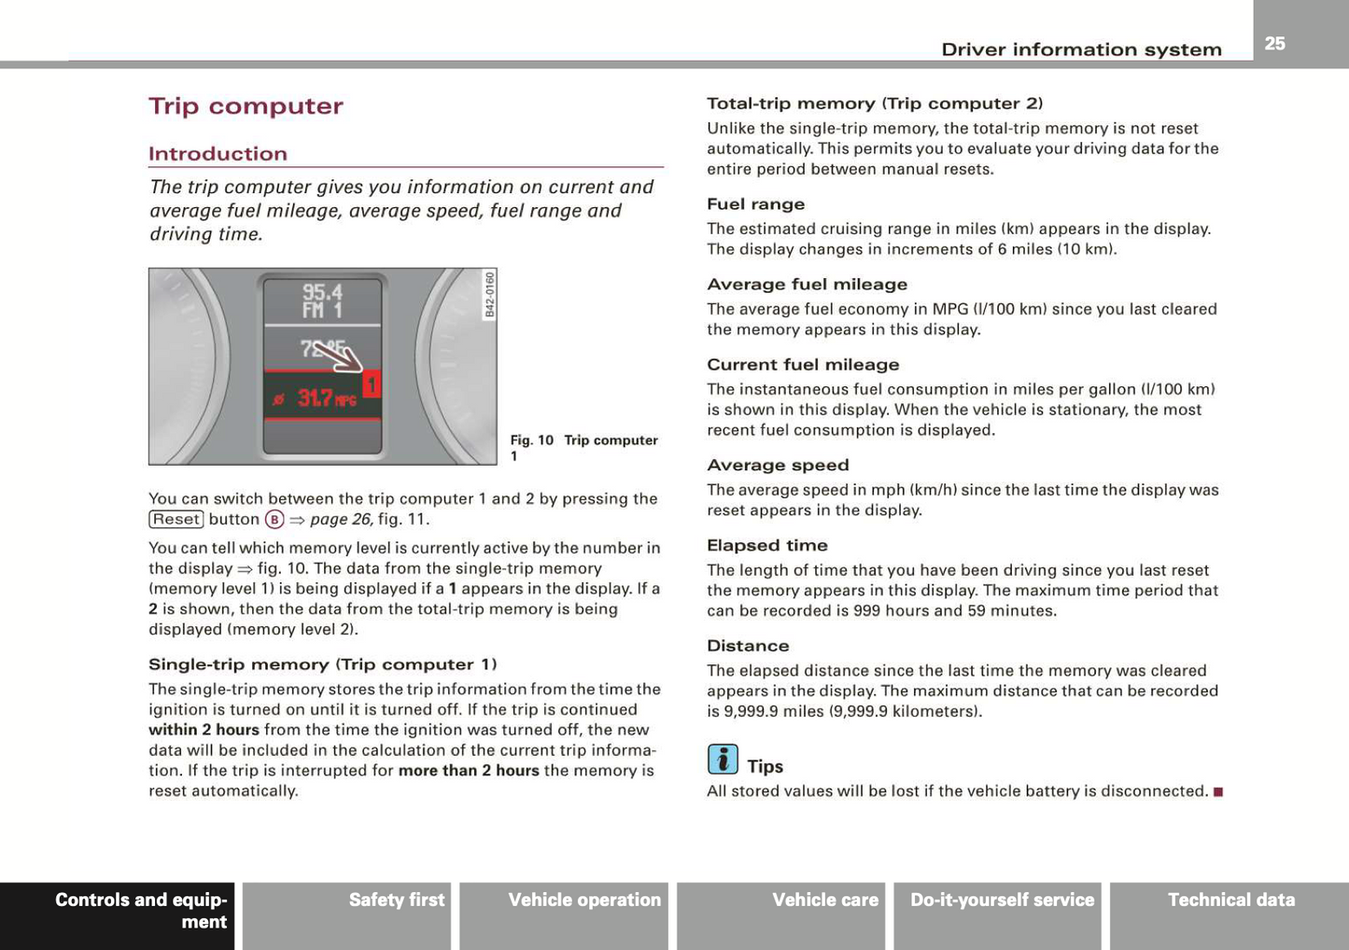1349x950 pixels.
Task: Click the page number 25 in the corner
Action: click(x=1274, y=43)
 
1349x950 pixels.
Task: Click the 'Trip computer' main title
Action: click(x=246, y=106)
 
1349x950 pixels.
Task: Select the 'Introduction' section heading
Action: click(x=218, y=154)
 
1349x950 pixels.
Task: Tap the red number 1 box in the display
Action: click(x=372, y=384)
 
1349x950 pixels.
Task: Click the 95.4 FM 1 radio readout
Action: click(x=322, y=300)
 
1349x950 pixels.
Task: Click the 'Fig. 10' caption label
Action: click(x=532, y=440)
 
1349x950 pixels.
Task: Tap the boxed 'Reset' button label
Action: click(x=176, y=520)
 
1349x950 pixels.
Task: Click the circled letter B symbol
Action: click(x=274, y=520)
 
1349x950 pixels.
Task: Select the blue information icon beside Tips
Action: click(x=723, y=760)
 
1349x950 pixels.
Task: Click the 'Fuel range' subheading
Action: click(x=755, y=204)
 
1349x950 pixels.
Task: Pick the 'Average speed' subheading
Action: click(x=778, y=466)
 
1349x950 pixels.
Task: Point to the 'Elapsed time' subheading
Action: click(x=766, y=546)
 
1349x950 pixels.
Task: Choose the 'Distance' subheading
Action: click(x=747, y=646)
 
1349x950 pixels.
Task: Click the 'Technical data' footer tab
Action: click(x=1230, y=901)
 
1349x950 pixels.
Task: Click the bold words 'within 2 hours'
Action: click(x=204, y=730)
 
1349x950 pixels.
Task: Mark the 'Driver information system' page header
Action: click(x=1081, y=49)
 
